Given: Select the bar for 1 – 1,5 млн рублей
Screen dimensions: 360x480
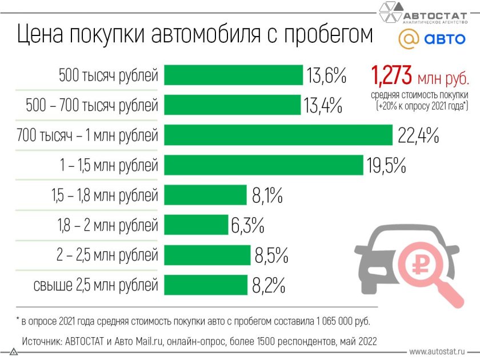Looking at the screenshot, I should [x=263, y=165].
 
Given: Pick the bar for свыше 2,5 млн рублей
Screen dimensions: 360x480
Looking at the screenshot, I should [x=205, y=284].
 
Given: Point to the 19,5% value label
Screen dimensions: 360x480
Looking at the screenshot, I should [x=386, y=166].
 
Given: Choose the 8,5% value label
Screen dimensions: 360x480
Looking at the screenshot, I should [x=271, y=255].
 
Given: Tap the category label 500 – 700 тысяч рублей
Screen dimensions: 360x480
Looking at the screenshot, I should [x=92, y=106].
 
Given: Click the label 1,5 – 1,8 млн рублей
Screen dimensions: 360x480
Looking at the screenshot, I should [x=104, y=195].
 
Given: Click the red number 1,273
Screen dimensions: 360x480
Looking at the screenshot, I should [x=391, y=75].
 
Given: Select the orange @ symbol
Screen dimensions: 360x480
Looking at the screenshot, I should [x=408, y=40].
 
